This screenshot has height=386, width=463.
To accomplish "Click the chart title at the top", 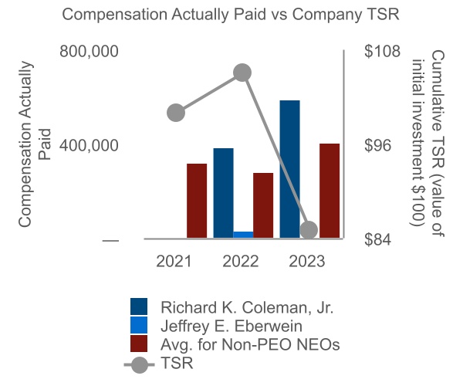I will (231, 15).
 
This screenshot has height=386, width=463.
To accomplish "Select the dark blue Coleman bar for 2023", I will (290, 170).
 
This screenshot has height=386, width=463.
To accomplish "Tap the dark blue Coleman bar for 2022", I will (224, 194).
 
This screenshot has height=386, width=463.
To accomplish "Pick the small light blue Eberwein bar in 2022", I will (243, 235).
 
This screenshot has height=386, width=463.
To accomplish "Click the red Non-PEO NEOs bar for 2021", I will (197, 201).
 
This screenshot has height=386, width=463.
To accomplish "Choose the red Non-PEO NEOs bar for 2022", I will (263, 206).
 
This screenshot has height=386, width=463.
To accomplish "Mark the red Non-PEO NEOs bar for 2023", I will (330, 191).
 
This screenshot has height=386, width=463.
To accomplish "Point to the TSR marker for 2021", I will (176, 113).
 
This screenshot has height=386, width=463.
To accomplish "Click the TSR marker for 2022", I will (242, 73).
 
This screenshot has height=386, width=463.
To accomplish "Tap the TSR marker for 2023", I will (309, 229).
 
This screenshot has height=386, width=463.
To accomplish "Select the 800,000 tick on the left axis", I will (89, 52).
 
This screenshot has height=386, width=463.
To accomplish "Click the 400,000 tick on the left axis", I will (89, 146).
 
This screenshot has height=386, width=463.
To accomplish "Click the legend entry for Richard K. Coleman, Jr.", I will (246, 306).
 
